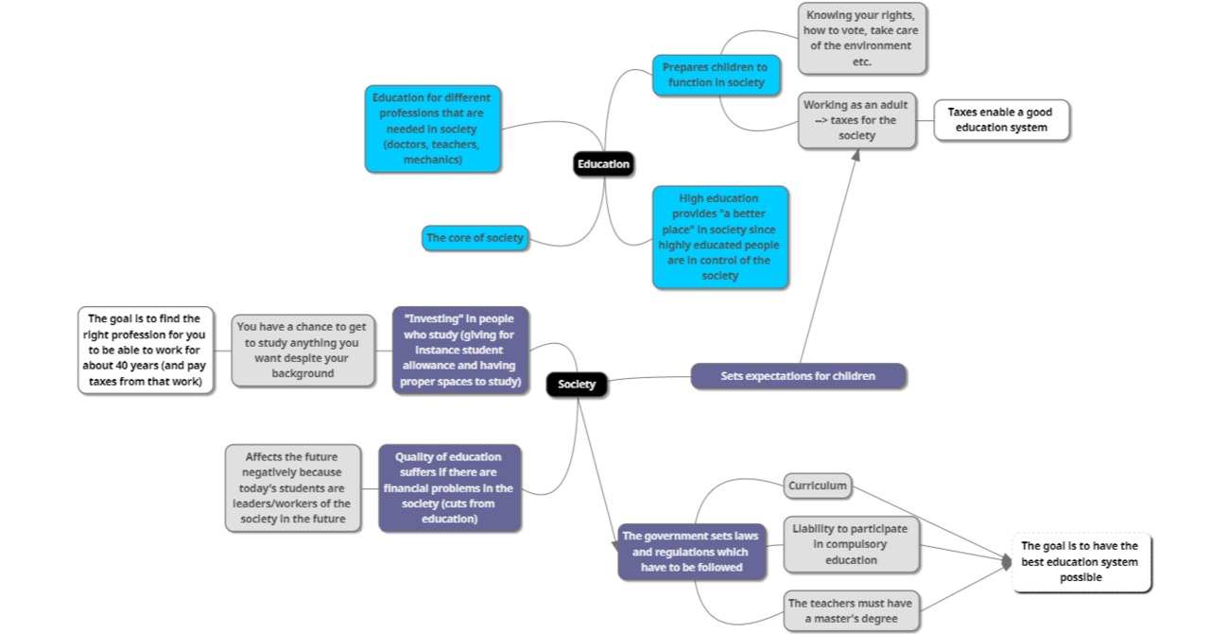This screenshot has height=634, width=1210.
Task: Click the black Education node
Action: pos(603,164)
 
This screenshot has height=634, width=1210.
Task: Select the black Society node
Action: pos(577,384)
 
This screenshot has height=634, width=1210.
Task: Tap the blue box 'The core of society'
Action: pos(474,238)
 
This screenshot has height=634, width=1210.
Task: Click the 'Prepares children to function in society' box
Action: pos(715,76)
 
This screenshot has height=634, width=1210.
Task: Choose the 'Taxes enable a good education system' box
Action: pos(1001,120)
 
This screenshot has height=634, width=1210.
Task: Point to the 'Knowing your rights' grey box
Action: pos(862,39)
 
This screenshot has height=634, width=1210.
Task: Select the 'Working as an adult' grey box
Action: pos(856,120)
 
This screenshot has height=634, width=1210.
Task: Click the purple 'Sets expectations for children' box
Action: pos(798,376)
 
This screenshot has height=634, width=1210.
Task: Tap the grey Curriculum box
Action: pos(818,487)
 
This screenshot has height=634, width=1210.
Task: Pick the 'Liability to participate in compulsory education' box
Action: pos(851,544)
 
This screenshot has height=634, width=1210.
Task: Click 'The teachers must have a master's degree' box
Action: pos(851,611)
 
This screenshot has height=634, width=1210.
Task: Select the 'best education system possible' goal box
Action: pos(1081,561)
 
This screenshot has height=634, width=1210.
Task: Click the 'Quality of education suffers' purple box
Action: pos(449,488)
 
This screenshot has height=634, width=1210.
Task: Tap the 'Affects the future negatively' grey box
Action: pos(293,488)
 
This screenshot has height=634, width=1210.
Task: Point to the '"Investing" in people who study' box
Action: pos(460,350)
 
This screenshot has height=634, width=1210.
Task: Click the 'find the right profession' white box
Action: pos(146,350)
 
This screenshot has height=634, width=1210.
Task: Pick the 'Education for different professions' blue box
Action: pos(432,129)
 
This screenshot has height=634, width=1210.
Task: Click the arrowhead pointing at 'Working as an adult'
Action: pos(856,155)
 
